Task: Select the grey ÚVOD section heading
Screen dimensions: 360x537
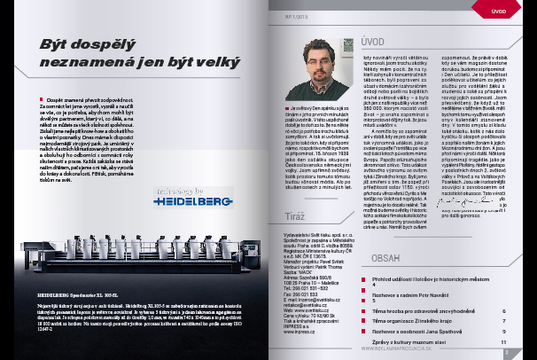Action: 373,42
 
